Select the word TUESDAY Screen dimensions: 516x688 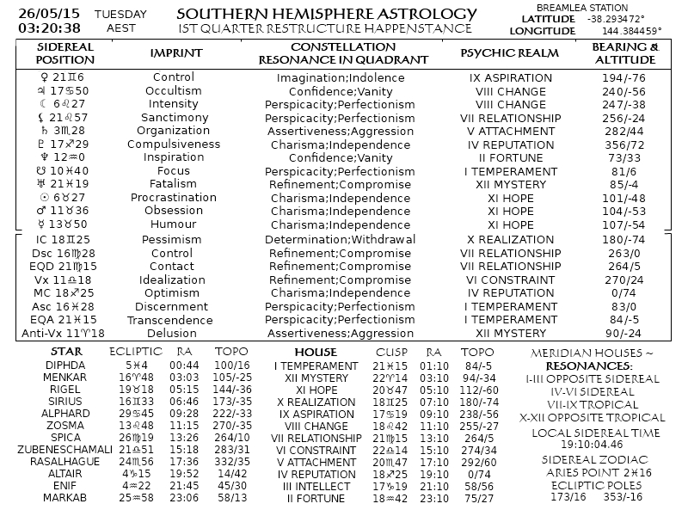pyautogui.click(x=120, y=15)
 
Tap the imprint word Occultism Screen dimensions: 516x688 pyautogui.click(x=174, y=90)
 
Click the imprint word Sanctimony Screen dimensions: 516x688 pyautogui.click(x=174, y=118)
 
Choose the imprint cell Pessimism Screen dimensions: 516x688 pyautogui.click(x=174, y=239)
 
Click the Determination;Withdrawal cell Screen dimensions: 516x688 pyautogui.click(x=340, y=239)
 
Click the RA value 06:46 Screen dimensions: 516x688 pyautogui.click(x=185, y=401)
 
